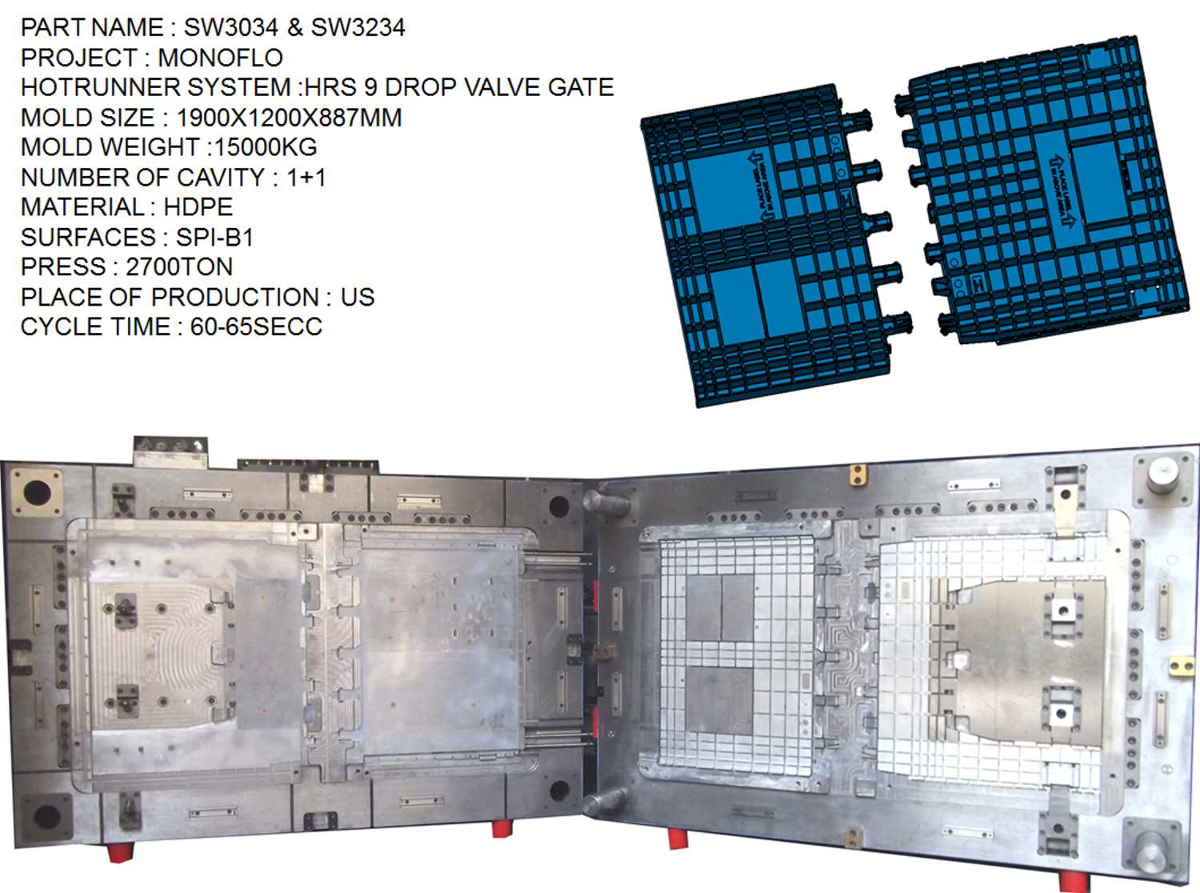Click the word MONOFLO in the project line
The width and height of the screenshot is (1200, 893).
pos(220,58)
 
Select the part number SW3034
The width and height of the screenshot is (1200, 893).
pos(230,27)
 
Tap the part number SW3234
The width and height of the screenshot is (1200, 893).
pos(358,27)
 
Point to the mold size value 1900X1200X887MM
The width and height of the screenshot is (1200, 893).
pos(288,118)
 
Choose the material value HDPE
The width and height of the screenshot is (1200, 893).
pos(198,207)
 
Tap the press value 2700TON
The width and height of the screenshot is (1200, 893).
pos(179,266)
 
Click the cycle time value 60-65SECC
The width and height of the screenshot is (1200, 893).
pos(256,326)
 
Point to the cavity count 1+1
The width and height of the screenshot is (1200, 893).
pos(306,177)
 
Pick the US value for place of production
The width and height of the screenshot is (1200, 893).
pos(357,297)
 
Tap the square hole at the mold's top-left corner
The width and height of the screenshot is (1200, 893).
pos(36,491)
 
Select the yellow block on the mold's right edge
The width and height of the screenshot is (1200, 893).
pos(1179,666)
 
